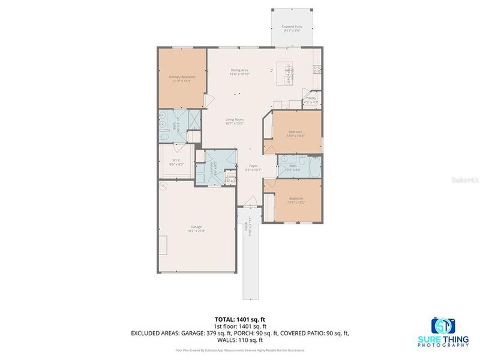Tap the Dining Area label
point(239,72)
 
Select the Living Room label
point(234,121)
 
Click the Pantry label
point(311,100)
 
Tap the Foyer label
point(253,167)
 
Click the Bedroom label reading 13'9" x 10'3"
point(295,133)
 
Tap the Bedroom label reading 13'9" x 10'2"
point(295,200)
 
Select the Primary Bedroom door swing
point(205,101)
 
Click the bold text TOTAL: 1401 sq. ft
point(239,319)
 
